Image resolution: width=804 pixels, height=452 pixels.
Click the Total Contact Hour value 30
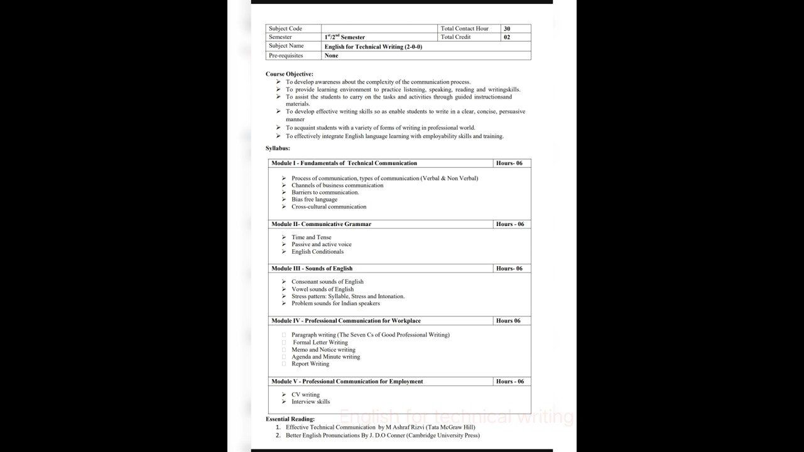pos(507,29)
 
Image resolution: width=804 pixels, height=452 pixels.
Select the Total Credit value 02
pos(507,37)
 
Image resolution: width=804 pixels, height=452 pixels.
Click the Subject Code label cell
pos(286,29)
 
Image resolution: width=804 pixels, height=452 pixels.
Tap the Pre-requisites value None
pos(332,56)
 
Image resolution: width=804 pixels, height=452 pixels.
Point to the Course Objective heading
pos(289,74)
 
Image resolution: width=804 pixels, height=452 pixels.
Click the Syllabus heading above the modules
pos(278,148)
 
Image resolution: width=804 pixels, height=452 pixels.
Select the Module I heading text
pos(344,163)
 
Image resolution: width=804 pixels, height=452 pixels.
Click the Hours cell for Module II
pos(509,224)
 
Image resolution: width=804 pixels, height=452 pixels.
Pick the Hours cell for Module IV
pos(508,321)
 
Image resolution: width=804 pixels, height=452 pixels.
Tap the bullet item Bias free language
pos(314,200)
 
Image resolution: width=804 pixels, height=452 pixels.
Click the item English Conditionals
pos(317,252)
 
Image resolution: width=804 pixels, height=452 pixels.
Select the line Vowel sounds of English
pos(322,289)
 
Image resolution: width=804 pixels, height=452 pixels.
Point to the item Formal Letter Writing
pos(320,343)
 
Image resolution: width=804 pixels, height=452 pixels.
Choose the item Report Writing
pos(310,364)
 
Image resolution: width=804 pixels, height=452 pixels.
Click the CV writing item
pos(305,395)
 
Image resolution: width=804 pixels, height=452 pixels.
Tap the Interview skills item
pos(310,402)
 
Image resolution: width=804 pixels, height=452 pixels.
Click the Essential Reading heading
pos(290,419)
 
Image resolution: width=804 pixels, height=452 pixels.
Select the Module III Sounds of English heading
pos(312,269)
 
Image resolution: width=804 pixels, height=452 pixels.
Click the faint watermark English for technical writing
pos(457,417)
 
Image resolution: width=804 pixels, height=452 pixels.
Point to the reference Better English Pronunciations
pos(383,436)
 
